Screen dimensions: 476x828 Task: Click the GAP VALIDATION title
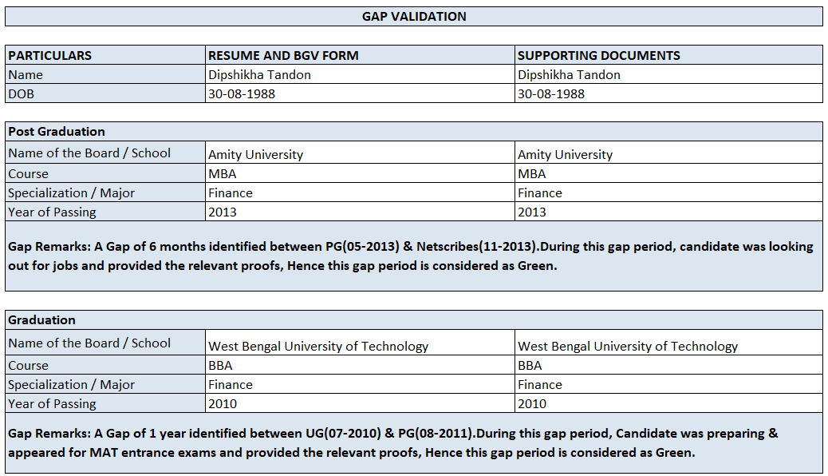tap(414, 16)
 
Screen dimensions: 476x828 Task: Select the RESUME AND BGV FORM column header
tap(283, 55)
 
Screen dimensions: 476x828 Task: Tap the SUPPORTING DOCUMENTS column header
tap(598, 55)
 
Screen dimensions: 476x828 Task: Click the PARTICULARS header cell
tap(49, 55)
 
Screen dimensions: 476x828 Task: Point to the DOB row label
tap(22, 93)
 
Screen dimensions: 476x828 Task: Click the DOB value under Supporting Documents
tap(550, 93)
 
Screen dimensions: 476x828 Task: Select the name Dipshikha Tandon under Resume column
tap(259, 74)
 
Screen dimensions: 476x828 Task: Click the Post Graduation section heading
tap(56, 131)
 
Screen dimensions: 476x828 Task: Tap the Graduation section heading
tap(41, 319)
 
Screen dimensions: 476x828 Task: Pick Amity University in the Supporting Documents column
tap(565, 154)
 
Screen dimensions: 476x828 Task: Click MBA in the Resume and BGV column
tap(222, 173)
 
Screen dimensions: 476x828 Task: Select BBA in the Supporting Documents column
tap(530, 365)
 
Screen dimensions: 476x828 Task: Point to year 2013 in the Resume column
tap(222, 212)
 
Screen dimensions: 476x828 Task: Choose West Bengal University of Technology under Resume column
tap(318, 346)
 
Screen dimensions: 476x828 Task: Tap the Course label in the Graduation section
tap(28, 365)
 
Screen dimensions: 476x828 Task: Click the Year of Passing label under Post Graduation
tap(52, 212)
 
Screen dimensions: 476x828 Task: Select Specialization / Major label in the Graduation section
tap(71, 384)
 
